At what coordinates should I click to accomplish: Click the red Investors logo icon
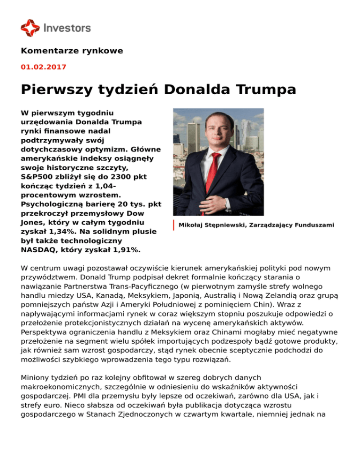(x=30, y=28)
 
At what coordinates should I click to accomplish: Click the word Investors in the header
(x=67, y=28)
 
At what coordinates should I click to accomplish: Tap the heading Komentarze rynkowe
(x=72, y=51)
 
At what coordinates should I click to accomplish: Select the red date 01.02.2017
(x=44, y=67)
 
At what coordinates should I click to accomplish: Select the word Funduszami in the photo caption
(x=312, y=225)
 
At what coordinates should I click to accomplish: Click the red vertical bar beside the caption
(x=173, y=225)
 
